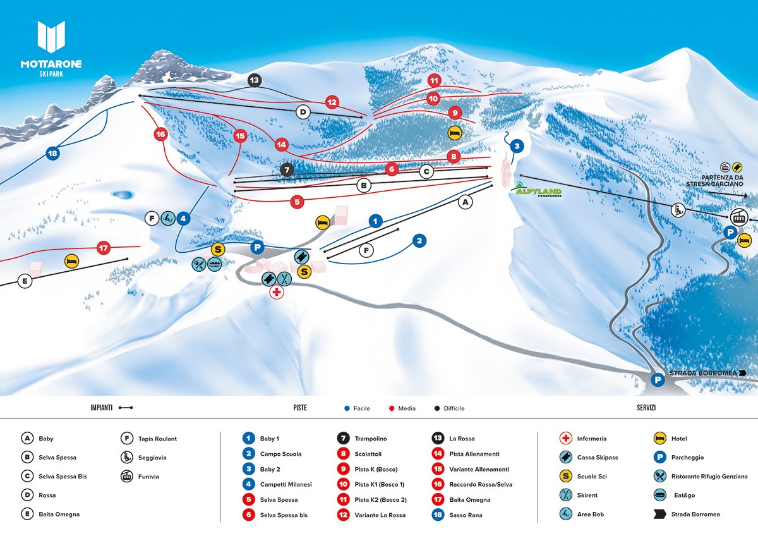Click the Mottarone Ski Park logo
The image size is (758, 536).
[x=51, y=49]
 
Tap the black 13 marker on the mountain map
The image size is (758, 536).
[x=254, y=80]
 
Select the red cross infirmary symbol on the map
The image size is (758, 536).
[x=277, y=292]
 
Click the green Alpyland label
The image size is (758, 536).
[x=537, y=190]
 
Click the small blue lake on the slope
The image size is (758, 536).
[x=123, y=195]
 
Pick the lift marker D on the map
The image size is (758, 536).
[x=303, y=112]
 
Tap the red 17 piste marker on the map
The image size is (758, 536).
[x=104, y=248]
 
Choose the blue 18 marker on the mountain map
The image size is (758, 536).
[x=52, y=154]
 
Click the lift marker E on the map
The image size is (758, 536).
[x=25, y=281]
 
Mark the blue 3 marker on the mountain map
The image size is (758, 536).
[x=517, y=146]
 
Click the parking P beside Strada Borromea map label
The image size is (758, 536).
[x=658, y=380]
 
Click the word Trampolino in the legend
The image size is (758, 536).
[x=371, y=439]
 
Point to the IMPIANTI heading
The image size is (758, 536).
[x=101, y=408]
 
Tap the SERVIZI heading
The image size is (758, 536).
[x=646, y=408]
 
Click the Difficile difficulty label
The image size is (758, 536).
[x=454, y=408]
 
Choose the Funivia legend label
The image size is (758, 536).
[x=148, y=477]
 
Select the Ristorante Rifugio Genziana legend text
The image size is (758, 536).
[x=709, y=477]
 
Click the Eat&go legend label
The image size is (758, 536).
[x=685, y=495]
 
